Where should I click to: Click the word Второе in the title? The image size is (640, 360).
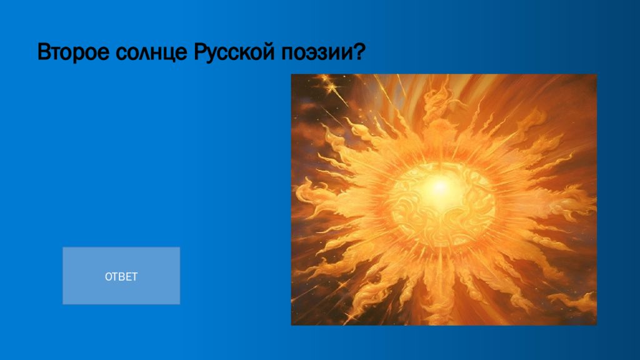point(73,52)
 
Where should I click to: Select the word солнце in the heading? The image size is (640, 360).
point(151,53)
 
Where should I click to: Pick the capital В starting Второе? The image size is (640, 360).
point(44,52)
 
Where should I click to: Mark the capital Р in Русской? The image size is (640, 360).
point(199,52)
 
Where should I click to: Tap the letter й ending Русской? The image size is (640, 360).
point(269,51)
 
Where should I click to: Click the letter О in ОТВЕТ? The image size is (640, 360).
point(108,277)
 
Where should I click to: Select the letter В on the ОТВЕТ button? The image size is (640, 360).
point(121,277)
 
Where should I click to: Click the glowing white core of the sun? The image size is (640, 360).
point(439,188)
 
